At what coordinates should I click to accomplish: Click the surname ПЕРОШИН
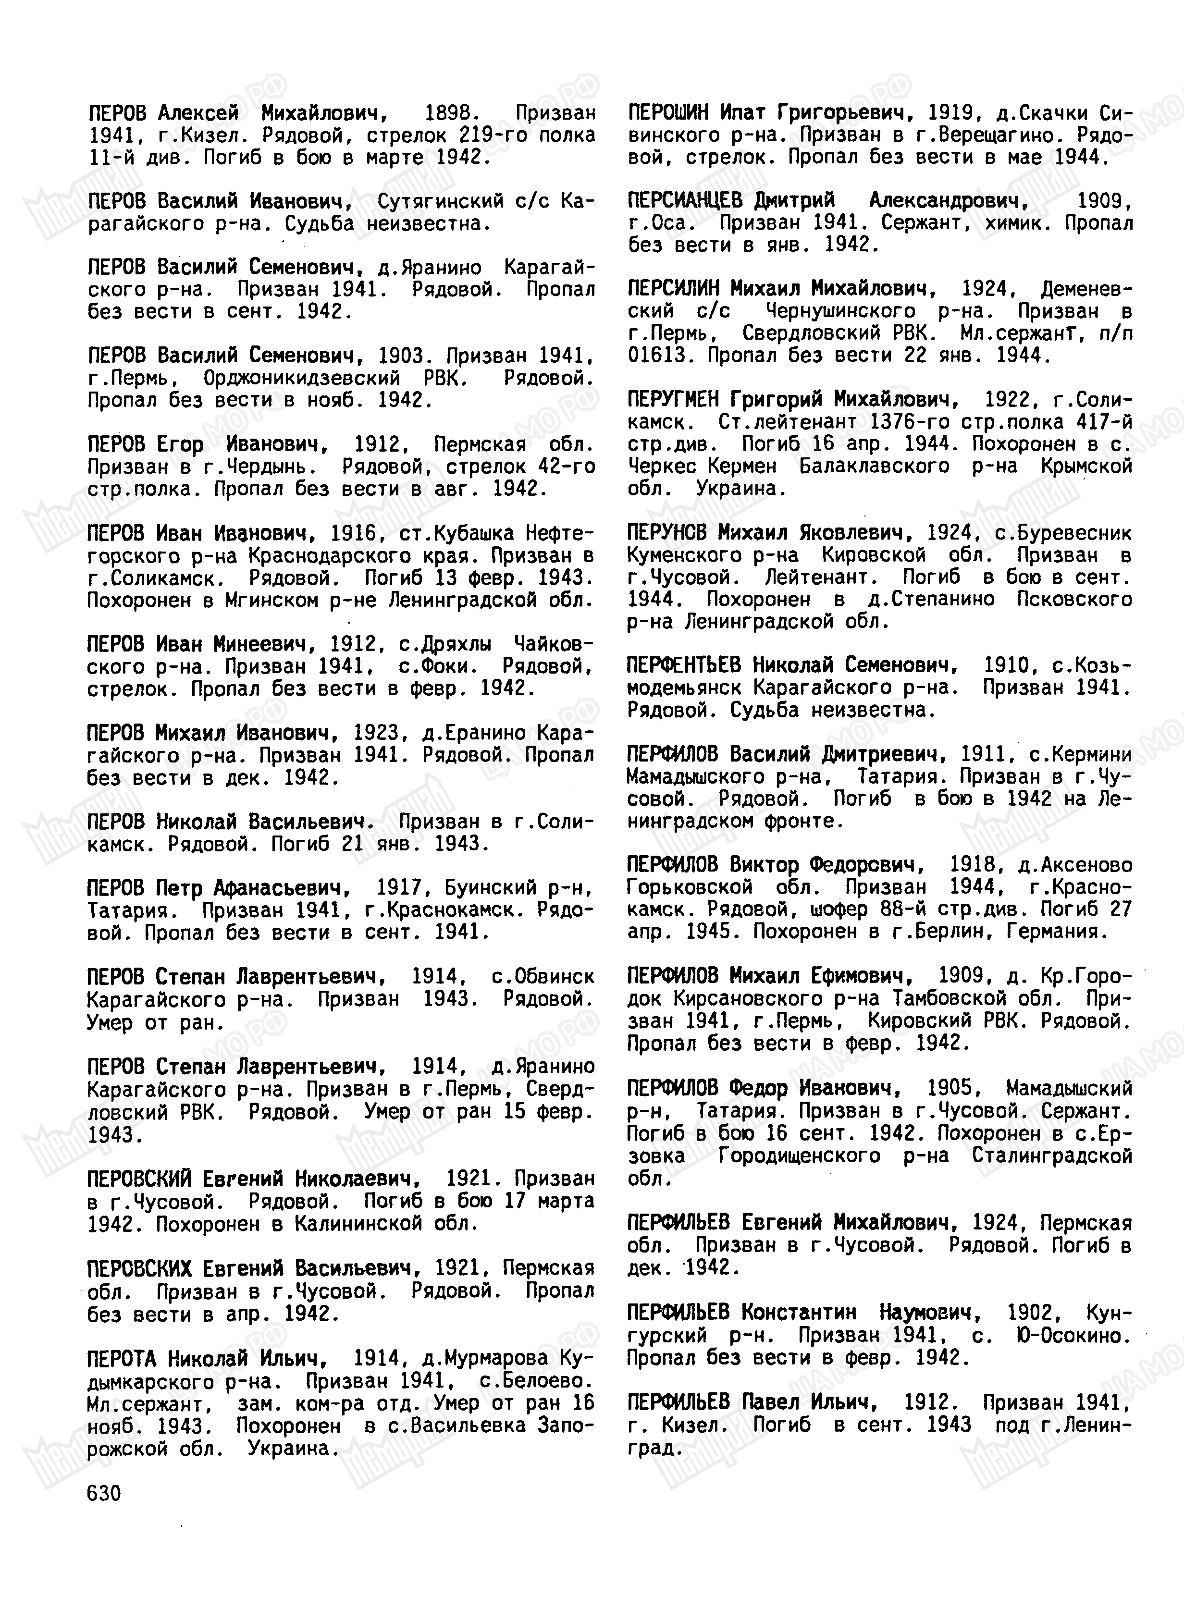(x=668, y=112)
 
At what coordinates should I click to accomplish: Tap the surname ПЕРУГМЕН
(x=677, y=399)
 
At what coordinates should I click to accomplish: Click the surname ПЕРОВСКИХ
(x=140, y=1269)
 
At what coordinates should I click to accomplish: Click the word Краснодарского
(x=327, y=556)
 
